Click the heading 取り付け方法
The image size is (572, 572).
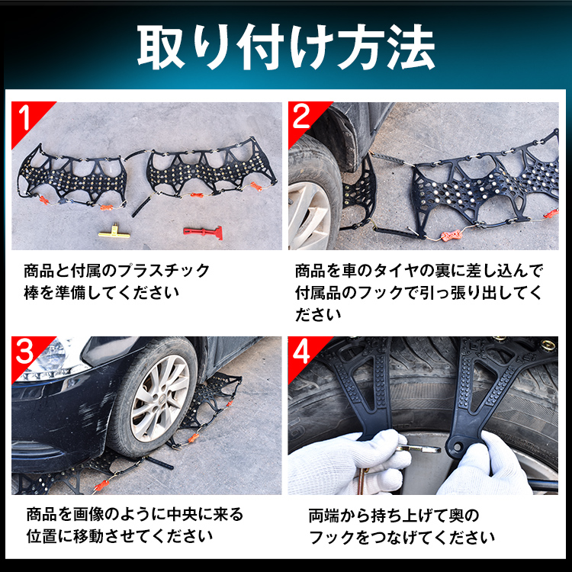point(286,48)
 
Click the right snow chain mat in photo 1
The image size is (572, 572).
point(206,168)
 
